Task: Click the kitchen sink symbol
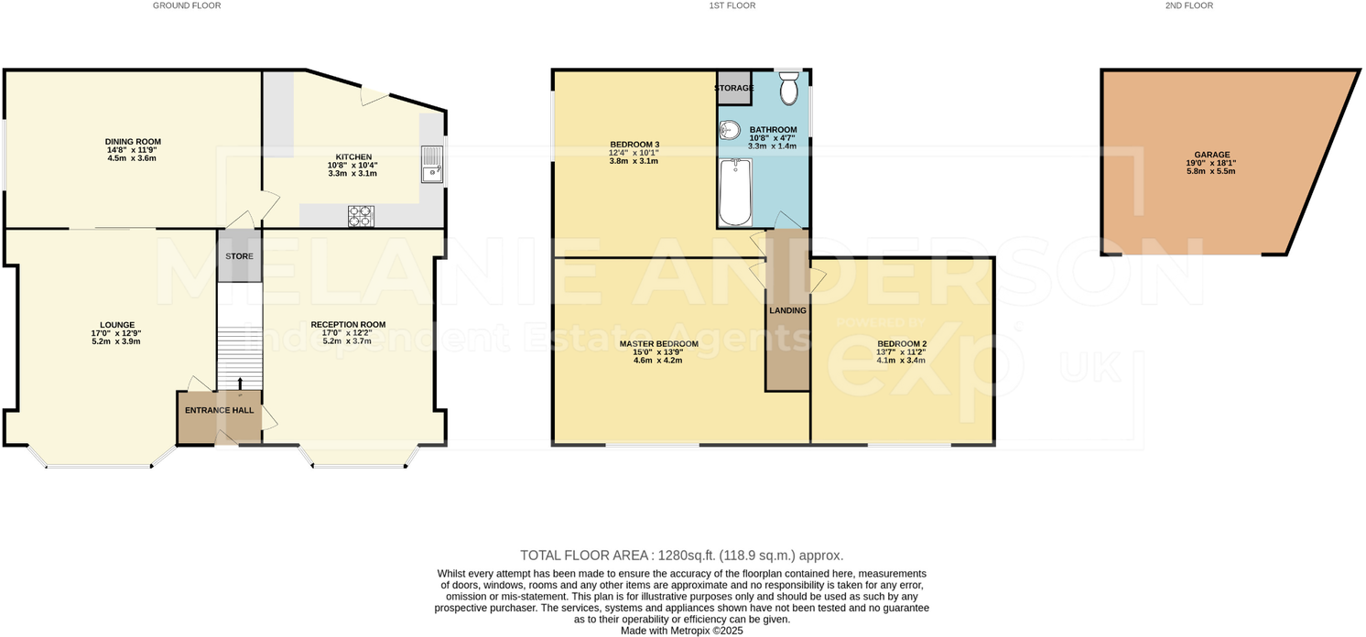coord(431,165)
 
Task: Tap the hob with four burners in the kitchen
coord(360,216)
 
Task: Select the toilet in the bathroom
coord(789,90)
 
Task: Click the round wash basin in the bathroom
coord(730,129)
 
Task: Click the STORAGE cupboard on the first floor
coord(733,88)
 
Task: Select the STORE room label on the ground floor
coord(239,256)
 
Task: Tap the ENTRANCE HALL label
coord(220,410)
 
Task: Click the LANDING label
coord(787,310)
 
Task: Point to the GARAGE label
coord(1211,155)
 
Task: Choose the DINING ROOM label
coord(133,142)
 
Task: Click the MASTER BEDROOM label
coord(658,344)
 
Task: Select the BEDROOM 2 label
coord(901,344)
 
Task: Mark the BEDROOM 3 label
coord(634,145)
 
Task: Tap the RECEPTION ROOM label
coord(348,324)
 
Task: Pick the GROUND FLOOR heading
coord(187,5)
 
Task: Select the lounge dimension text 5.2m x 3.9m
coord(117,341)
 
